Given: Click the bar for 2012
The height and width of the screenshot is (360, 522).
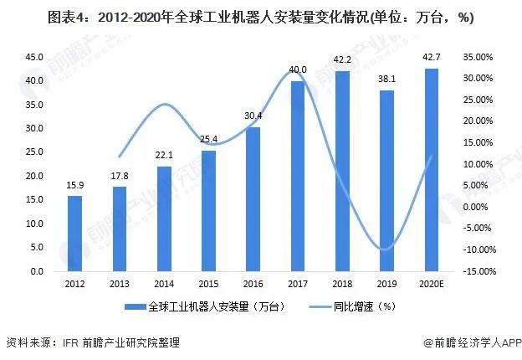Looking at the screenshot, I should point(75,234).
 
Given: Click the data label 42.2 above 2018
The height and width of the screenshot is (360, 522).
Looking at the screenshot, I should point(341,59).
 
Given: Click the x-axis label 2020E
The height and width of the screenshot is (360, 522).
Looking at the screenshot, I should point(431,284).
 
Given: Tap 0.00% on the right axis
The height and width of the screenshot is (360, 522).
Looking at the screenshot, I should point(481,207).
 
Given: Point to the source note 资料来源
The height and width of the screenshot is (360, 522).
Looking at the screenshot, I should point(92,342).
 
